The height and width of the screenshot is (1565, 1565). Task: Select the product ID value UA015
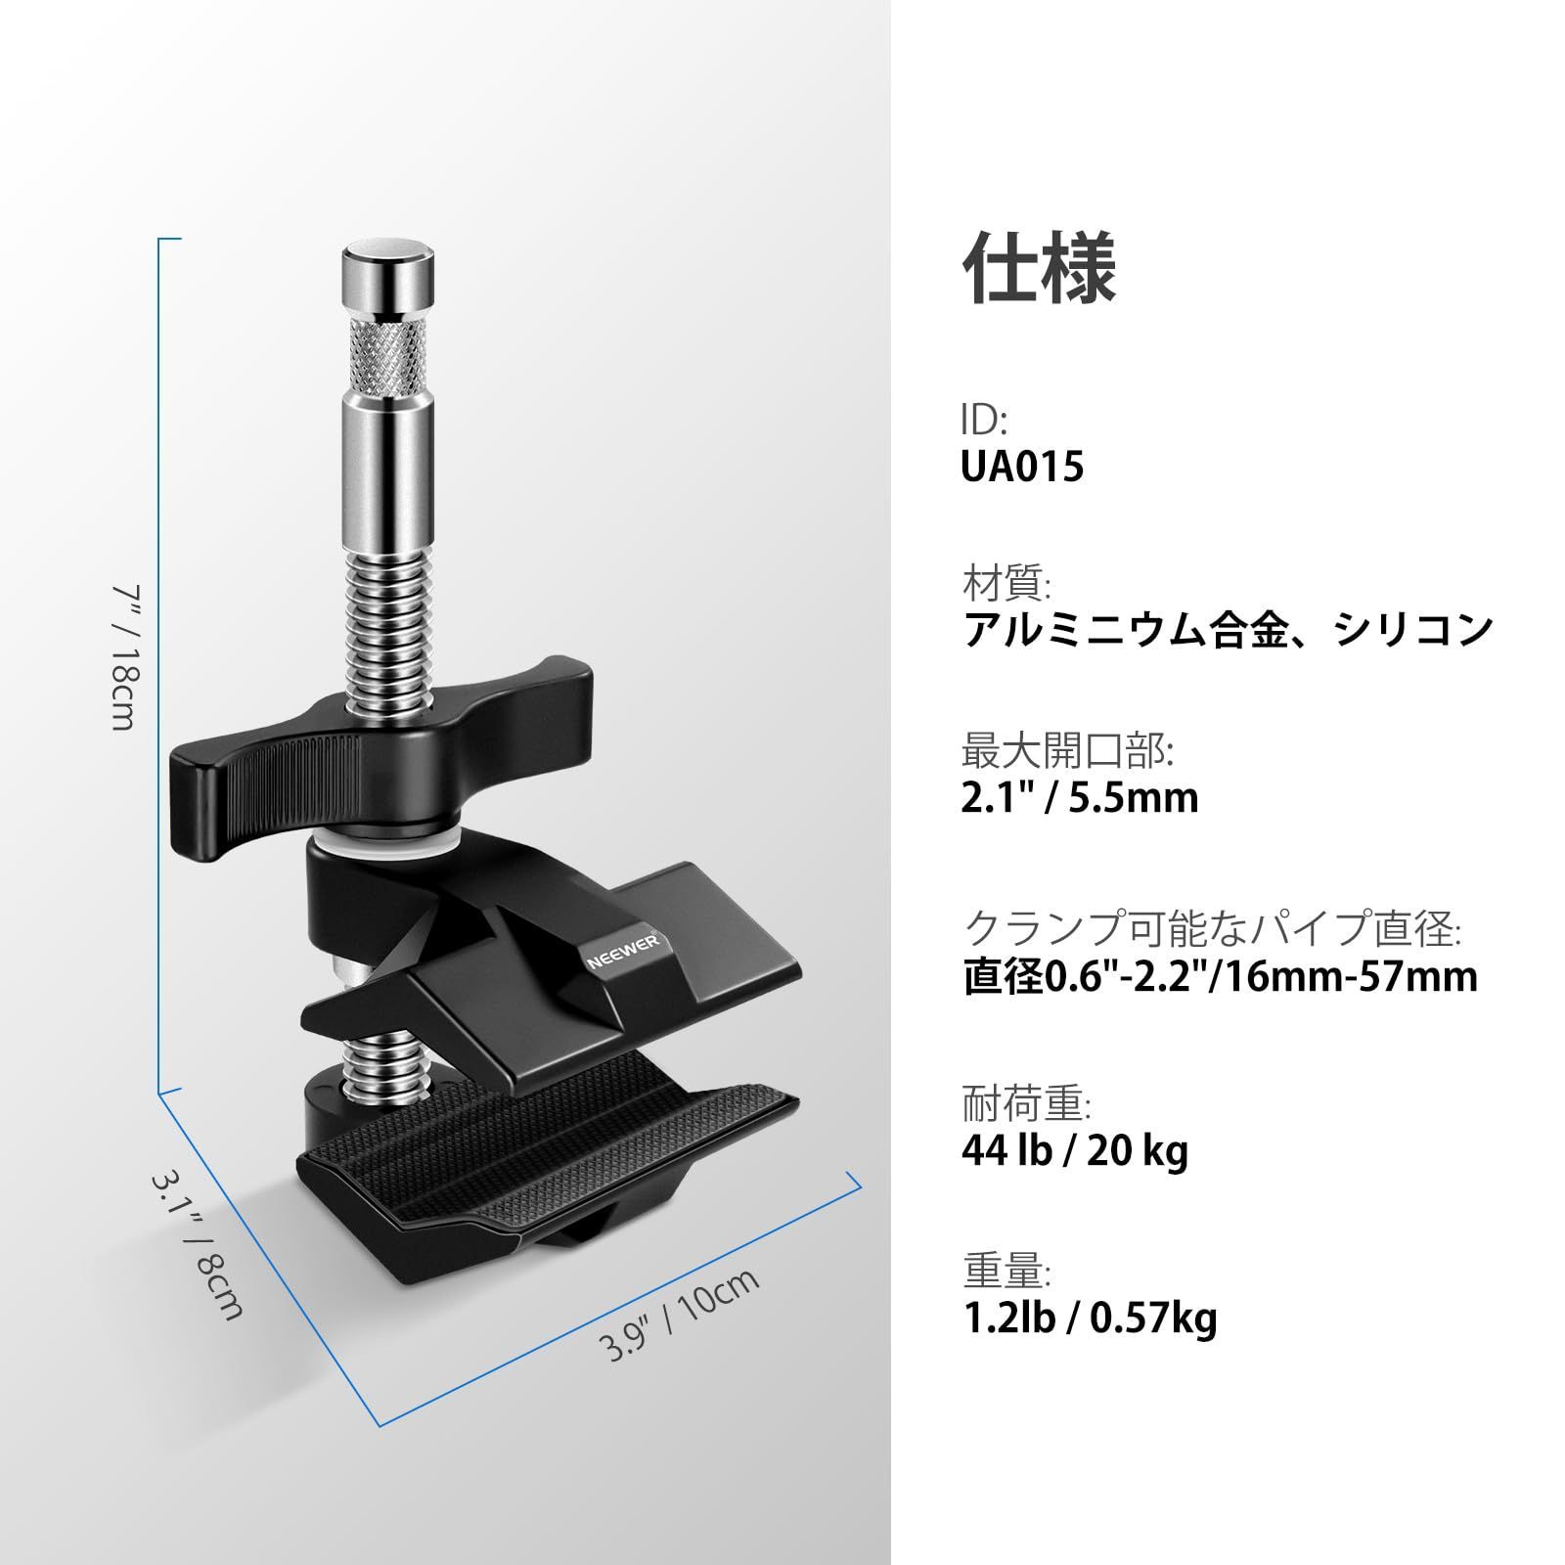pyautogui.click(x=1022, y=467)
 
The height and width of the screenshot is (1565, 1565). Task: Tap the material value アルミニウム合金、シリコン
pyautogui.click(x=1228, y=629)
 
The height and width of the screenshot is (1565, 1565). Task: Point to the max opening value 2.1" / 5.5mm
pyautogui.click(x=1079, y=798)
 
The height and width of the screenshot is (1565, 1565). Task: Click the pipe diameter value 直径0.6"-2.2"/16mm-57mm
pyautogui.click(x=1220, y=977)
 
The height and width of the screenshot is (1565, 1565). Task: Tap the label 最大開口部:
pyautogui.click(x=1067, y=753)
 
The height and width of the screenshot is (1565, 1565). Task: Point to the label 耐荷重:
pyautogui.click(x=1026, y=1105)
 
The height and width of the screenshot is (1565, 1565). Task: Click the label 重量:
pyautogui.click(x=1006, y=1274)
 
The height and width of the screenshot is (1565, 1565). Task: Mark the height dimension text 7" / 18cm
pyautogui.click(x=126, y=657)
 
